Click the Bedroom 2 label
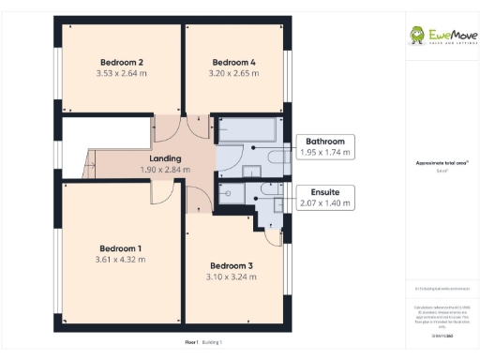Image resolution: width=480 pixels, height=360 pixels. [121, 62]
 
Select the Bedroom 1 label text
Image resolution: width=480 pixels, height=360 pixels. [121, 247]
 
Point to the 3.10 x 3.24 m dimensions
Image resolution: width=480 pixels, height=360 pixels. [231, 277]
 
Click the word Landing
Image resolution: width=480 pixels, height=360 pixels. [165, 158]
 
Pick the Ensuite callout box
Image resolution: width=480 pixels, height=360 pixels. [325, 197]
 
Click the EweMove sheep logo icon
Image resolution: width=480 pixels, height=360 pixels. [418, 36]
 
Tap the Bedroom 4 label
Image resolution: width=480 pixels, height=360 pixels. [233, 62]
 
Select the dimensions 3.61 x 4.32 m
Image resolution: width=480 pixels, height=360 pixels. [121, 259]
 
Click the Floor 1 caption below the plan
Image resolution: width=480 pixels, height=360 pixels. [191, 342]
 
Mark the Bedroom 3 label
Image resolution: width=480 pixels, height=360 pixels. [231, 265]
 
